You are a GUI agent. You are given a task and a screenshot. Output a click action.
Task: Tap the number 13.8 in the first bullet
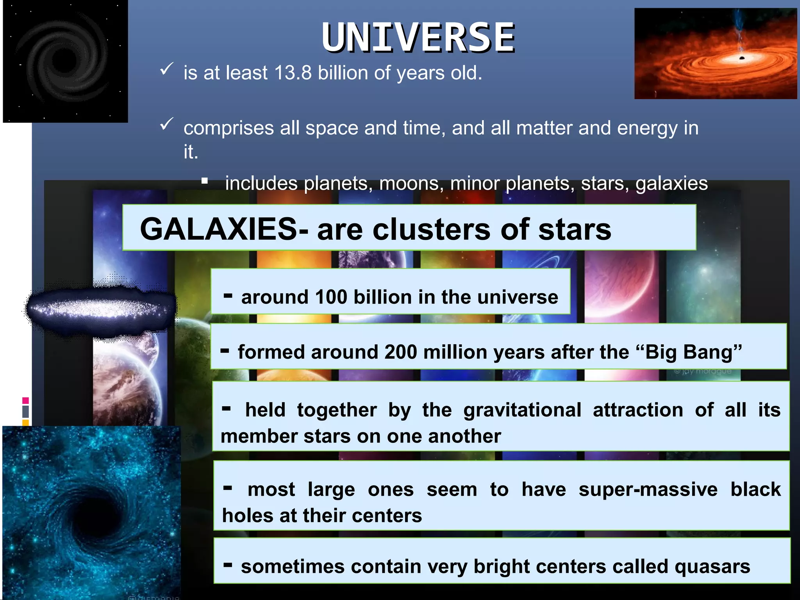pos(293,73)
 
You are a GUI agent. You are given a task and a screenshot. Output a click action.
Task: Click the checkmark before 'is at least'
pos(166,69)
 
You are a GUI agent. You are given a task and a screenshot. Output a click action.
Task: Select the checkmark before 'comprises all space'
pos(166,124)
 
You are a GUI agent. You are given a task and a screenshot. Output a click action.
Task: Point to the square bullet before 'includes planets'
pos(205,181)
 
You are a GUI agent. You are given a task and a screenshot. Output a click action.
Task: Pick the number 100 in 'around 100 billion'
pos(331,297)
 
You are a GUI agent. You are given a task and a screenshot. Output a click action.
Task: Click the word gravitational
pos(522,410)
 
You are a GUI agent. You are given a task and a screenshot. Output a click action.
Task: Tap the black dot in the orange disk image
pos(742,58)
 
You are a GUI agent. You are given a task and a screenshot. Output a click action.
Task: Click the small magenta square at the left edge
pos(26,400)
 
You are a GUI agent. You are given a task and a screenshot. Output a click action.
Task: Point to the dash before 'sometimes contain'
pos(228,564)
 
